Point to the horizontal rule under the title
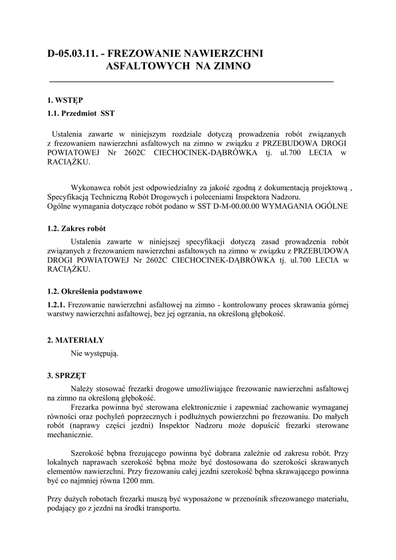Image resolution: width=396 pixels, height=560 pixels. [x=191, y=81]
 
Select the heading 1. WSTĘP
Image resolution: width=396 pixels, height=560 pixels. [x=65, y=100]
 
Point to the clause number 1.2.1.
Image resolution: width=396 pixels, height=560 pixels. [x=56, y=304]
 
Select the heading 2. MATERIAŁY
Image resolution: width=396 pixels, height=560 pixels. [x=75, y=340]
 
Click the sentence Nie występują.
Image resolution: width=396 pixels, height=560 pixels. [x=95, y=353]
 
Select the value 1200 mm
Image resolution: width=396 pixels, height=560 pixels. [x=139, y=481]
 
